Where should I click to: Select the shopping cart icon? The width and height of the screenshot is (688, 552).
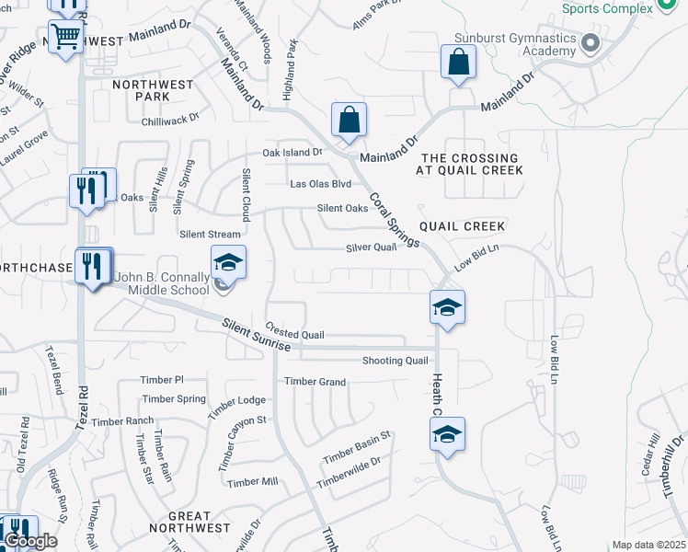coord(65,38)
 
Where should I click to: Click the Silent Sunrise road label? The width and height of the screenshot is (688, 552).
coord(257,334)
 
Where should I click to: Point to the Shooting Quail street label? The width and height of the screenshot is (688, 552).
coord(396,361)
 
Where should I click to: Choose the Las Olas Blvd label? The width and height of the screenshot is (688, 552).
coord(320,184)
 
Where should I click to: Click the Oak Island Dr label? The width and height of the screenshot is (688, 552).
coord(293,153)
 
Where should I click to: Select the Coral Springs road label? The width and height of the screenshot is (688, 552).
coord(395,219)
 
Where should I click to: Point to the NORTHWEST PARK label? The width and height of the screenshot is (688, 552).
coord(153,90)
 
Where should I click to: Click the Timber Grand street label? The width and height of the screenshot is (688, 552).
coord(315,382)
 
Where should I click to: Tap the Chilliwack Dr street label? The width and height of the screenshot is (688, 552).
coord(170,120)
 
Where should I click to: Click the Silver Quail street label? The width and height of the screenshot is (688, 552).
coord(371,247)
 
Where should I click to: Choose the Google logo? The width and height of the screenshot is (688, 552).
coord(30,541)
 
